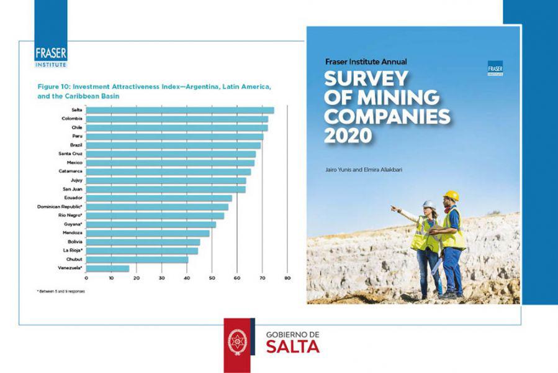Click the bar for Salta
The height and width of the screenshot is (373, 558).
coord(180,110)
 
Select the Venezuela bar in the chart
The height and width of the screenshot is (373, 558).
coord(108,269)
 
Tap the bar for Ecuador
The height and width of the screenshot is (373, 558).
coord(159,198)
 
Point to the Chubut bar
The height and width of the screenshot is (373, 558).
coord(137,260)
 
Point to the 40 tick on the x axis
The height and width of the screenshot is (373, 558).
coord(187,278)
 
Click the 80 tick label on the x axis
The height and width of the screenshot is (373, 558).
coord(287,278)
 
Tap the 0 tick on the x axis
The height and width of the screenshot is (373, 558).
coord(86,278)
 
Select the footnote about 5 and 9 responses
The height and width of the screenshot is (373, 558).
coord(61,291)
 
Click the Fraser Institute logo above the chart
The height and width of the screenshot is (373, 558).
coord(51,55)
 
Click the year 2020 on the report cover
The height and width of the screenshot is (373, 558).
coord(347,134)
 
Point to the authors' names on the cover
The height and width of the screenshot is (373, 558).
coord(363,168)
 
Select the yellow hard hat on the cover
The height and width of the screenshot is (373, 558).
coord(451,196)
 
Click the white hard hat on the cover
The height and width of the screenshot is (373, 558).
coord(429,204)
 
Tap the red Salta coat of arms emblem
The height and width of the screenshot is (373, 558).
coord(236,342)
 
